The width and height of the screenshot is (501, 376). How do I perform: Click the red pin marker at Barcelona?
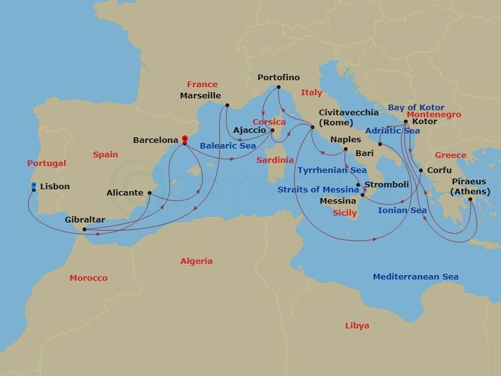pyautogui.click(x=184, y=138)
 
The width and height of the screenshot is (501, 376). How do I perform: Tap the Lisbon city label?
pyautogui.click(x=54, y=187)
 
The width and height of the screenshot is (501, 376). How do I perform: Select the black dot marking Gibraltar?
pyautogui.click(x=85, y=229)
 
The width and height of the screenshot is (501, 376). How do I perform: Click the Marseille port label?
pyautogui.click(x=200, y=96)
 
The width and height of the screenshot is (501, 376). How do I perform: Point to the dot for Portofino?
pyautogui.click(x=279, y=87)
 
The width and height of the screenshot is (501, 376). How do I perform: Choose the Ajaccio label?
pyautogui.click(x=250, y=130)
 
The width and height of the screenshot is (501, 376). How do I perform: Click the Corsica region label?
pyautogui.click(x=269, y=122)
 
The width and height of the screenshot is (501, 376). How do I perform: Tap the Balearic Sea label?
pyautogui.click(x=227, y=146)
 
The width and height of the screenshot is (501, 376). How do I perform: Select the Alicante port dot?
pyautogui.click(x=150, y=192)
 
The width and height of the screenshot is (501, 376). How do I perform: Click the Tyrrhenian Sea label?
pyautogui.click(x=332, y=170)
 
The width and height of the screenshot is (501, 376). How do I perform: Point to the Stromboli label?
pyautogui.click(x=386, y=185)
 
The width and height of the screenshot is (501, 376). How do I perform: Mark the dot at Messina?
pyautogui.click(x=363, y=196)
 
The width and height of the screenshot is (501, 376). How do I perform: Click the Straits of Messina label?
pyautogui.click(x=319, y=190)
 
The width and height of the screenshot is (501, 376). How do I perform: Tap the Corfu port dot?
pyautogui.click(x=421, y=170)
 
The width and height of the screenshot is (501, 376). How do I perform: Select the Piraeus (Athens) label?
pyautogui.click(x=468, y=187)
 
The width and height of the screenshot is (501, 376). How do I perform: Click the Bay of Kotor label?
pyautogui.click(x=416, y=108)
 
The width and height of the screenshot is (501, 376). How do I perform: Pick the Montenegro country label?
pyautogui.click(x=433, y=115)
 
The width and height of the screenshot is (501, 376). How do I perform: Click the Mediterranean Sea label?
pyautogui.click(x=415, y=277)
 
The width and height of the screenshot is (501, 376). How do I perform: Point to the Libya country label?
pyautogui.click(x=357, y=326)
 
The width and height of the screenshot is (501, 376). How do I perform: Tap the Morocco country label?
pyautogui.click(x=88, y=278)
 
